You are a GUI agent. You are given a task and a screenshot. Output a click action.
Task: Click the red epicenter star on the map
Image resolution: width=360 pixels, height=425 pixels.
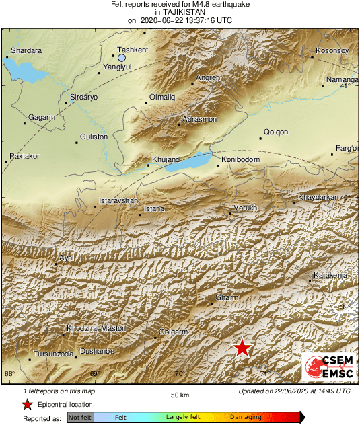click(x=242, y=348)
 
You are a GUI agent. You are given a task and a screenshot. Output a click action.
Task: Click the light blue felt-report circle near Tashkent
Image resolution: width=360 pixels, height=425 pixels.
click(x=122, y=58)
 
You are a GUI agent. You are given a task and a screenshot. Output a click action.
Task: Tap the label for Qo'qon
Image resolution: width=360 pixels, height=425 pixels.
click(x=276, y=132)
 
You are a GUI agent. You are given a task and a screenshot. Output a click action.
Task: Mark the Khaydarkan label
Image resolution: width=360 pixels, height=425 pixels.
click(x=320, y=197)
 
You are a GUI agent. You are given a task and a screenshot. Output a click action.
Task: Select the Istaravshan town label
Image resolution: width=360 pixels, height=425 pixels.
click(x=118, y=201)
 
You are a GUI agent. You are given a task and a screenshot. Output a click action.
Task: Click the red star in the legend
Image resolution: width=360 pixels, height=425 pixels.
click(x=27, y=404)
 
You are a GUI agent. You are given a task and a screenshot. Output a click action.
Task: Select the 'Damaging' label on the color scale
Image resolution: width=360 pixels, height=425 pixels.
click(x=246, y=418)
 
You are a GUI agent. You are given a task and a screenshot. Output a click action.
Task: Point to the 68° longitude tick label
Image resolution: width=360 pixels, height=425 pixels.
click(x=9, y=374)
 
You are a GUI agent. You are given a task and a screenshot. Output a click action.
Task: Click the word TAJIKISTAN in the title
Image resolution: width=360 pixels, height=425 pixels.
click(x=180, y=12)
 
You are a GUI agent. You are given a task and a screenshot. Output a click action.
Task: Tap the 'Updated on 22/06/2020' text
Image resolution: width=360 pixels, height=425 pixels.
click(x=294, y=391)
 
